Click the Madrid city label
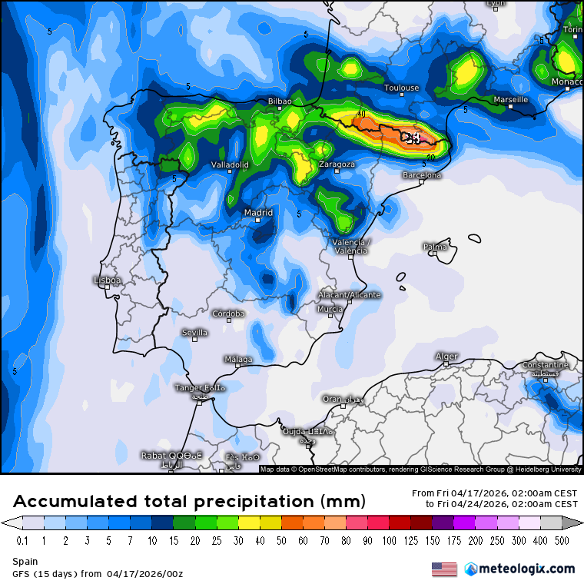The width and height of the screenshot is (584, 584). coord(258,213)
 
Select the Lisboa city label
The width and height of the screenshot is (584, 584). coord(107,280)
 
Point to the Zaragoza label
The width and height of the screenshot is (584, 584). coord(337,164)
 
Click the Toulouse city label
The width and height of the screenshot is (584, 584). coord(402,88)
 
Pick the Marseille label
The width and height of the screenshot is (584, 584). coord(511,100)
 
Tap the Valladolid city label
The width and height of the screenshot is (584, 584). coord(230,165)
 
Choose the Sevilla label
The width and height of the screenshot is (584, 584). coord(194,333)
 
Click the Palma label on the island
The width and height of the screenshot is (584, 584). coord(435,247)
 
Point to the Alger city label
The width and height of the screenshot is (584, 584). coord(446,357)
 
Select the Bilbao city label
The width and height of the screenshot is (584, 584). coord(280,101)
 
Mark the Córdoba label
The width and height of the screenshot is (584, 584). coord(228,314)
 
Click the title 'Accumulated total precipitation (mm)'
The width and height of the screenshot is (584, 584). coord(189,502)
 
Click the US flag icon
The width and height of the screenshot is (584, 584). coord(444,569)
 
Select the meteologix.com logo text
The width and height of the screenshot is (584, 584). coord(526,569)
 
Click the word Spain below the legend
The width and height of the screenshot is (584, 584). coord(25,561)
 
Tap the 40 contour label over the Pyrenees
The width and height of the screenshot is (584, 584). coord(360,114)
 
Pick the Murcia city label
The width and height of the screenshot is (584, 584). coord(330,309)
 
